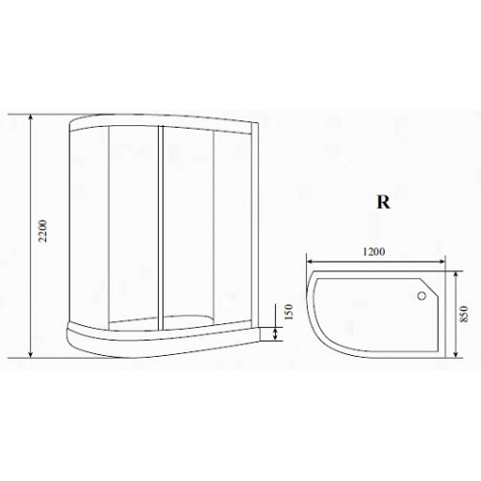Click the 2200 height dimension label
(43, 231)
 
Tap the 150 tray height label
(289, 312)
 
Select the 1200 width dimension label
(374, 252)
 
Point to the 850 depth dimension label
(464, 315)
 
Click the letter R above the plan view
(383, 202)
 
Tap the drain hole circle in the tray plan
(421, 295)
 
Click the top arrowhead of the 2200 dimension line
(31, 118)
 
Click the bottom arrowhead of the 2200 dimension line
(31, 354)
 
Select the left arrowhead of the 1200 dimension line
(312, 262)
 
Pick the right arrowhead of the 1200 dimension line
(442, 262)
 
